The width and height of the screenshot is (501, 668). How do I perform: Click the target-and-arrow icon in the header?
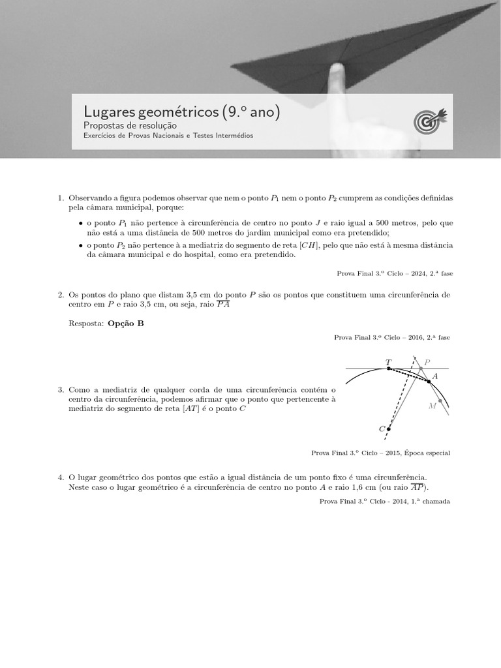point(431,121)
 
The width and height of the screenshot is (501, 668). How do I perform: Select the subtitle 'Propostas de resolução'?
point(130,125)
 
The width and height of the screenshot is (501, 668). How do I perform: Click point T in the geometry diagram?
point(389,368)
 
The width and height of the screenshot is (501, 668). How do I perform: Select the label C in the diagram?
point(382,429)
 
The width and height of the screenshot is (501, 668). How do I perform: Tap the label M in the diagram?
point(432,406)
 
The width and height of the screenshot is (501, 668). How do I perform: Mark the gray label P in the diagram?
point(427,362)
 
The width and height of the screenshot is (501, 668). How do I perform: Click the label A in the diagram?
point(435,376)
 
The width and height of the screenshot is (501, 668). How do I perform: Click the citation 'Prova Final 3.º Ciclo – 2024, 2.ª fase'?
point(395,273)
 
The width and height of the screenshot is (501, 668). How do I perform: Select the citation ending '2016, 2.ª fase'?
point(391,337)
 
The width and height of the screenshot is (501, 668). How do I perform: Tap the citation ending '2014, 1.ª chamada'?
point(384,501)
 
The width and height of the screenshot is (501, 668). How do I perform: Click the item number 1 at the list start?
point(61,197)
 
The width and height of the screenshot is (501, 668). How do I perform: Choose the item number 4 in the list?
point(61,478)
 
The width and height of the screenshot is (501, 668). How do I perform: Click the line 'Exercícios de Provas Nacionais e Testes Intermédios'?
point(168,136)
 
